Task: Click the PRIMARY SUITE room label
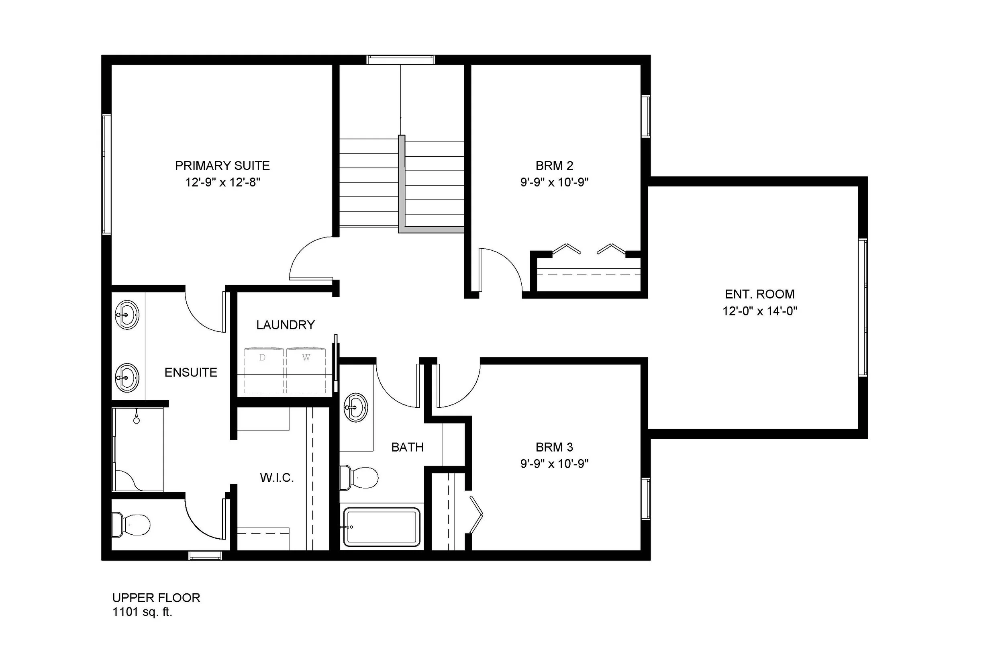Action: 222,166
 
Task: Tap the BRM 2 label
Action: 554,166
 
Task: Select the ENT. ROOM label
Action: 759,294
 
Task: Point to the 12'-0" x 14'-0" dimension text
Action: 759,311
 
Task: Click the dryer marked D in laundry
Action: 264,370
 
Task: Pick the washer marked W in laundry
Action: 306,370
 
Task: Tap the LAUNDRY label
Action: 285,325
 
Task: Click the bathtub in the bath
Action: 382,527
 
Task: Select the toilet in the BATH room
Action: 359,478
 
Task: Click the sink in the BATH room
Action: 356,407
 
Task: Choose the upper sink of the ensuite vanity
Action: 127,315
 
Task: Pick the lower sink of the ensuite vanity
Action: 127,377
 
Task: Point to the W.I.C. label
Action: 277,478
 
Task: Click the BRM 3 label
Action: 554,447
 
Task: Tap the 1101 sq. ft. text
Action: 142,612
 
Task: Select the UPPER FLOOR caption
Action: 156,598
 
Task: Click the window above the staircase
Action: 400,60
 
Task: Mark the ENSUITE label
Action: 191,372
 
